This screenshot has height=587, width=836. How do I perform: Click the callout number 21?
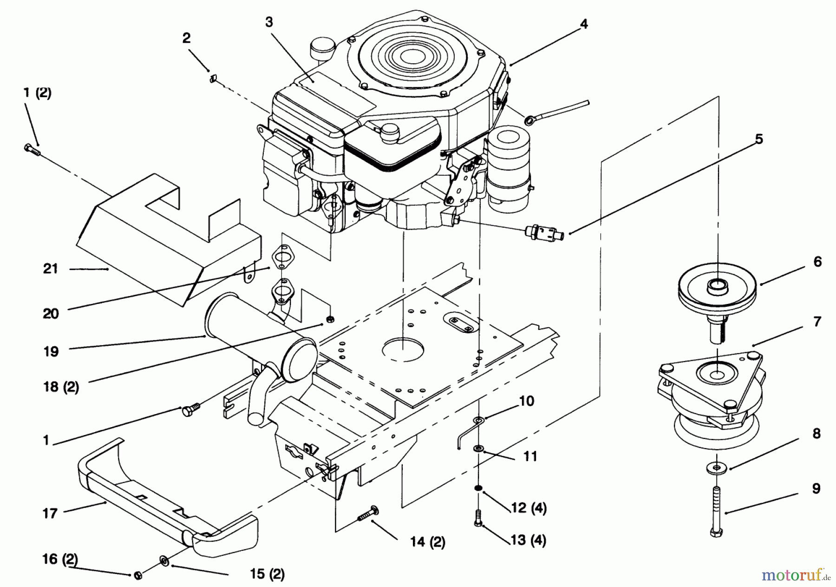pos(50,269)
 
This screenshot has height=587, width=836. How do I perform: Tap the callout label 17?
pos(50,513)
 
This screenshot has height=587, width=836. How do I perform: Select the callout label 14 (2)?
pos(427,542)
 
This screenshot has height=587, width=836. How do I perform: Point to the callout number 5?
pos(758,139)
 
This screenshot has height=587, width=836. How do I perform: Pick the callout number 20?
pos(51,314)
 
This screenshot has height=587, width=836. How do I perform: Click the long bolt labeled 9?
pos(717,509)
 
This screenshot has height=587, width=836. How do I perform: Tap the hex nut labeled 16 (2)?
pos(137,575)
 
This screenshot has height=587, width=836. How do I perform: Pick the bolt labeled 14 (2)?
pos(367,515)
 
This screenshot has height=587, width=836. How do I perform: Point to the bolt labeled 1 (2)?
pos(32,150)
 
